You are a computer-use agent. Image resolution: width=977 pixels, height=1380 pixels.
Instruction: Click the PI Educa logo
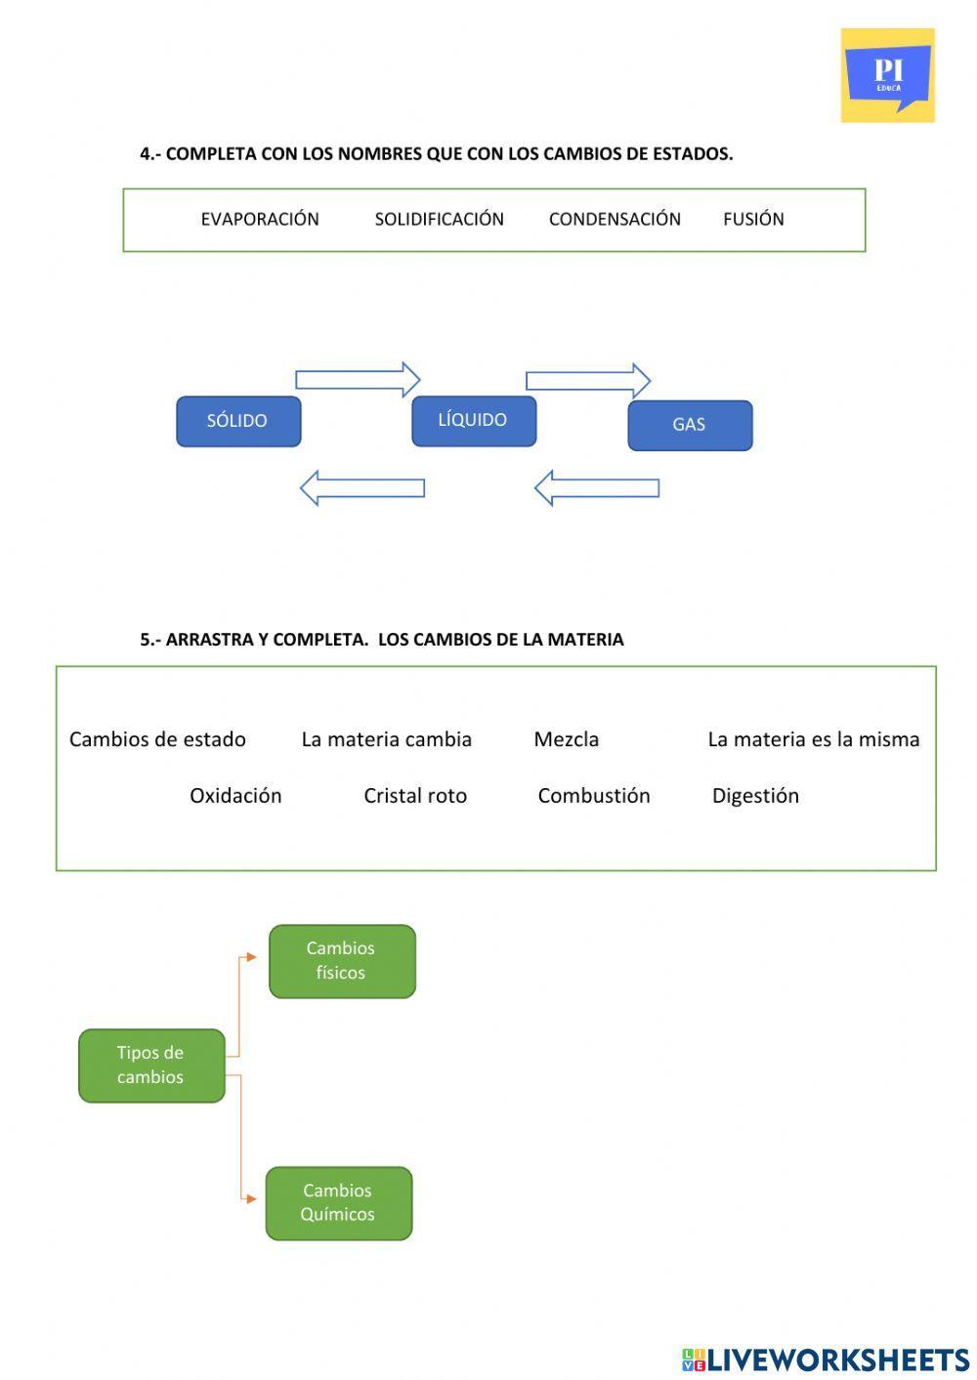(x=887, y=75)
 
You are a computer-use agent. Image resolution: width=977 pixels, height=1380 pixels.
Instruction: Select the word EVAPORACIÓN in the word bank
(x=260, y=220)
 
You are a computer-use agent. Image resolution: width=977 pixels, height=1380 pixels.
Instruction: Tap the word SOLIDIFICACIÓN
(x=439, y=220)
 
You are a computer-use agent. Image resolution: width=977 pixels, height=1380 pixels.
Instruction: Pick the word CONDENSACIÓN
(x=615, y=220)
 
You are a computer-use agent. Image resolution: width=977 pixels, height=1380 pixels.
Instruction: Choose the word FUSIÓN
(x=753, y=220)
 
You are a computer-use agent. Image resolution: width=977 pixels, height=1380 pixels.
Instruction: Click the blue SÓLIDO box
(x=238, y=421)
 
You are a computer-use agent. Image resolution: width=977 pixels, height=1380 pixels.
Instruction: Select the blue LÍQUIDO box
(x=474, y=421)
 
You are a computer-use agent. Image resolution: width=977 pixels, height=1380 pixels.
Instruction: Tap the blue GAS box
(x=690, y=425)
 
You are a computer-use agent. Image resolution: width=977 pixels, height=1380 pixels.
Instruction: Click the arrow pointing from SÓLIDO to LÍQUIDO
(x=358, y=379)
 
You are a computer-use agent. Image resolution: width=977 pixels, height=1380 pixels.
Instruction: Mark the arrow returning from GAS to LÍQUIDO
(x=597, y=487)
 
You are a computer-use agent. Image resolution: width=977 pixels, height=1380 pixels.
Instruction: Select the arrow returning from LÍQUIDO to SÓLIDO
(x=362, y=487)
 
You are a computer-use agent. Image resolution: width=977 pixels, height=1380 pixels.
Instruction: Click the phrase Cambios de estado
(x=157, y=739)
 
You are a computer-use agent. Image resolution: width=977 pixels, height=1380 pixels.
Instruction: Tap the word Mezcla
(x=567, y=739)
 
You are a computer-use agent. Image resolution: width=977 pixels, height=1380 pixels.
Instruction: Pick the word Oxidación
(x=235, y=796)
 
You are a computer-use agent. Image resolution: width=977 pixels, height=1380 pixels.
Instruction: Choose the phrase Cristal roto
(x=415, y=796)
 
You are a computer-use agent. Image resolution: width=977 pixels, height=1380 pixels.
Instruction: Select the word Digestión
(x=755, y=796)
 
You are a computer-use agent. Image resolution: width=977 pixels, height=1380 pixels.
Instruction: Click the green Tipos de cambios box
(x=151, y=1066)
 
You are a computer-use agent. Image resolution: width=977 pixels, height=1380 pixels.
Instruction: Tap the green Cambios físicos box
(x=342, y=961)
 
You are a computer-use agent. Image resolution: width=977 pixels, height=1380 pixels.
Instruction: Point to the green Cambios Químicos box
(x=339, y=1203)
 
